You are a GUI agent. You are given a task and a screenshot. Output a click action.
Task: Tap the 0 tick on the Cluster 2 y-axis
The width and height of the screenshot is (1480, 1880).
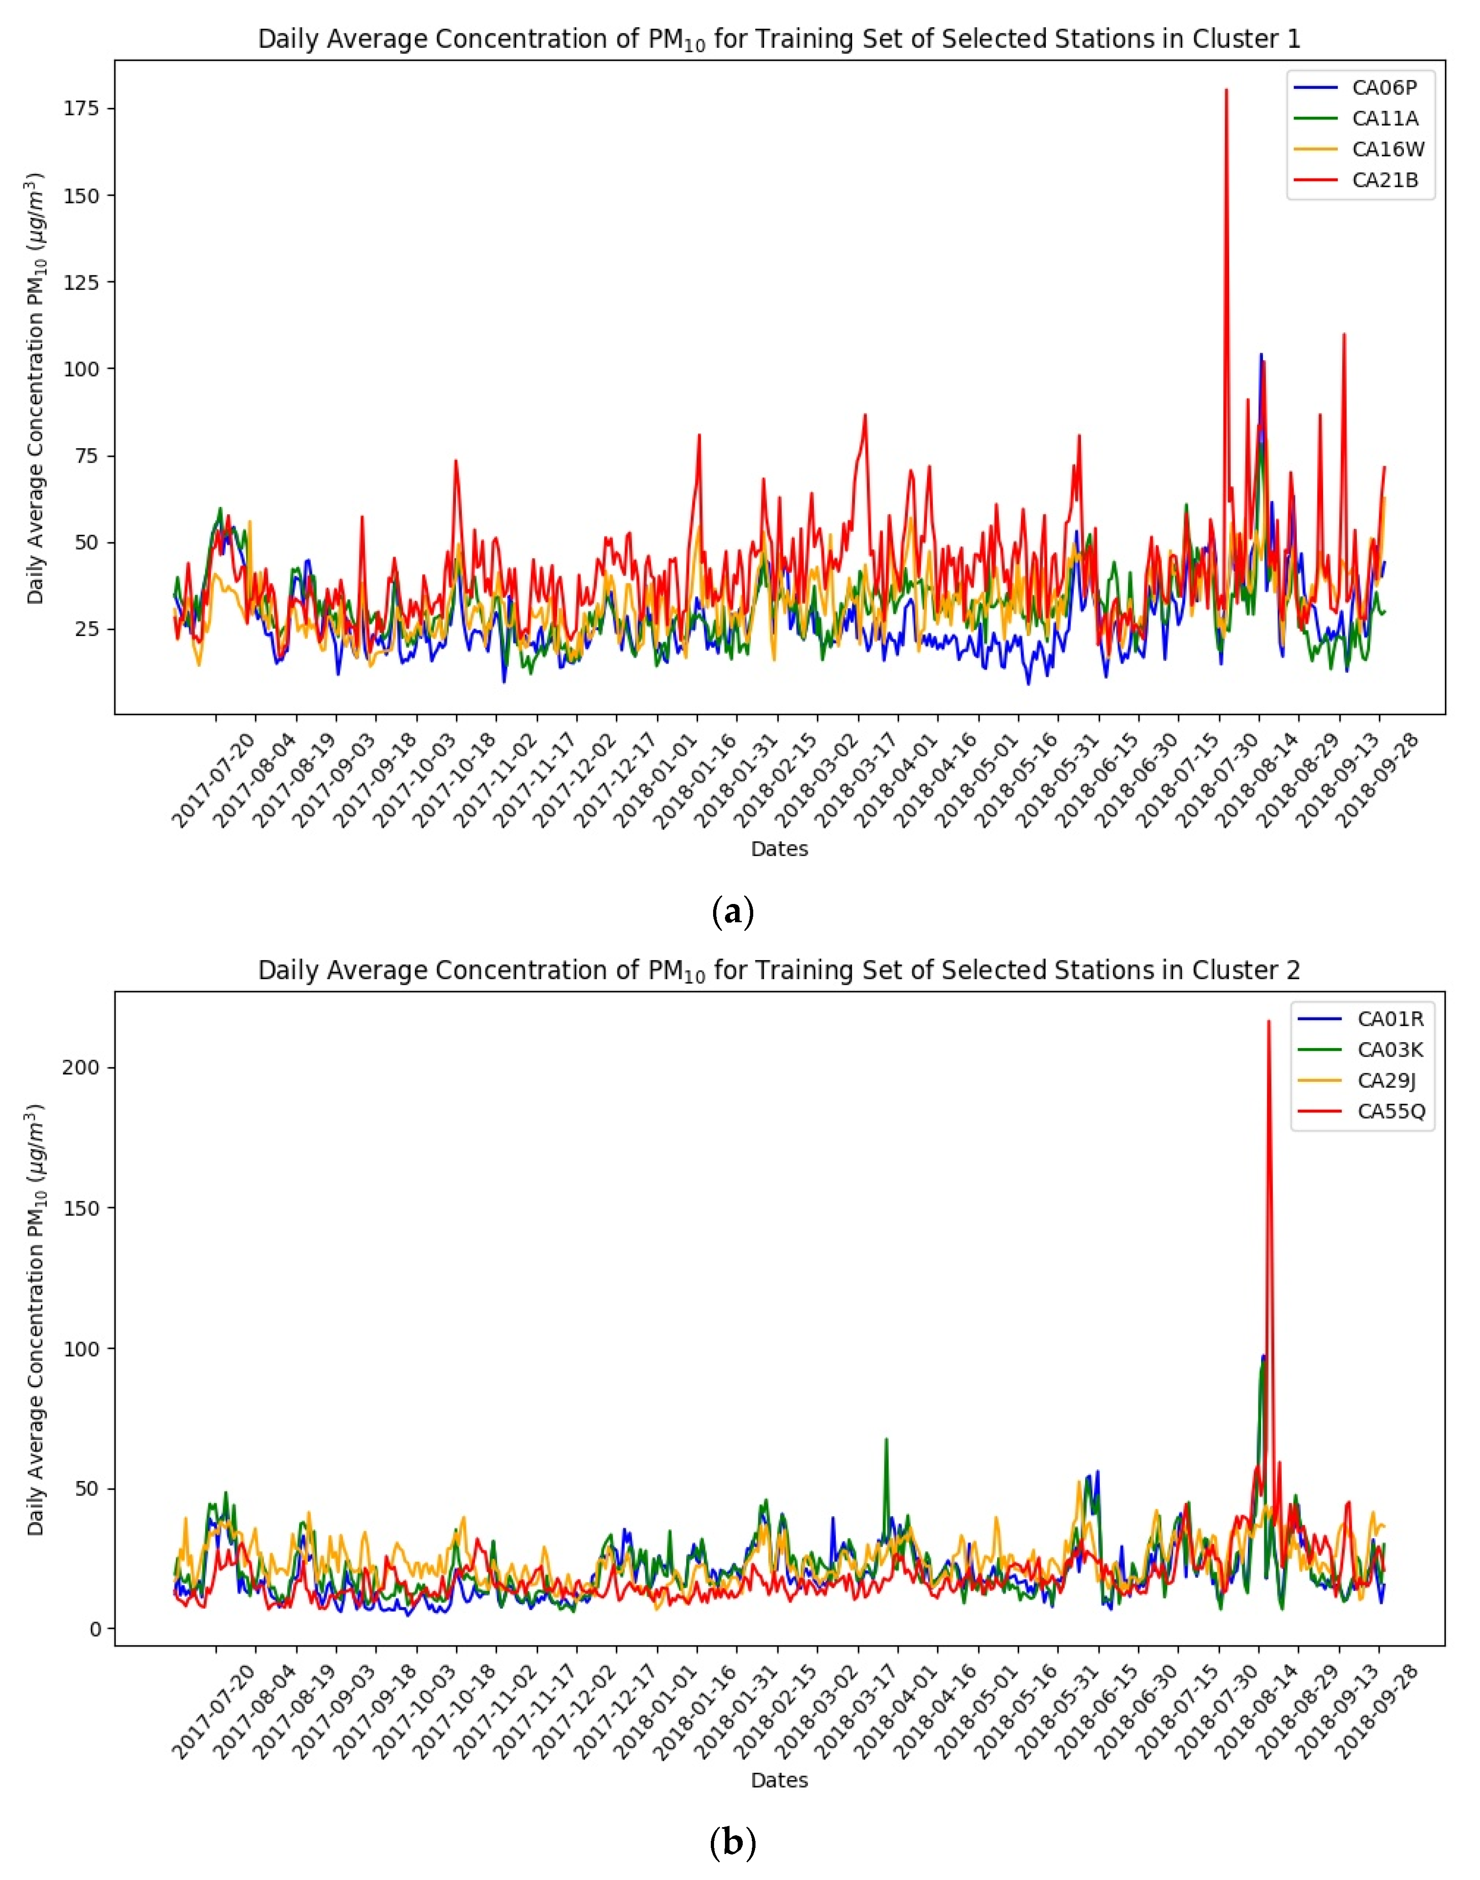point(95,1630)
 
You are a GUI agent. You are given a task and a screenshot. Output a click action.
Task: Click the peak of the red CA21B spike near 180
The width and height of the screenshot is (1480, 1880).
point(1226,90)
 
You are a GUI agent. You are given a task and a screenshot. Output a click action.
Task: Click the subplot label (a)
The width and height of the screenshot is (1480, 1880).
point(732,912)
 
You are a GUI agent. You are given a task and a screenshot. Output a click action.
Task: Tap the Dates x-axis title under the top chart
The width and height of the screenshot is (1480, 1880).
point(779,849)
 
